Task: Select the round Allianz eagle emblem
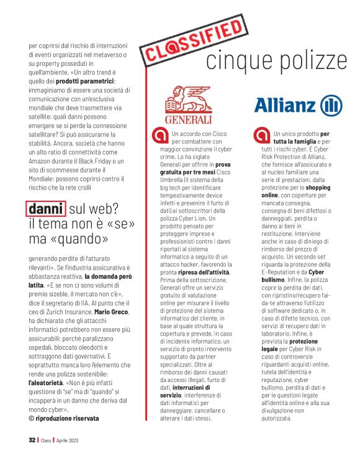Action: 331,104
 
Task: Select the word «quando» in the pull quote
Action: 82,239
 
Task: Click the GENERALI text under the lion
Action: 188,118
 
